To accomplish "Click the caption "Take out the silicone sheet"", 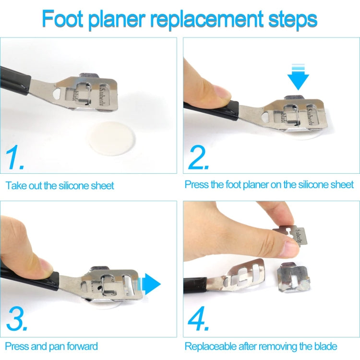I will [60, 185].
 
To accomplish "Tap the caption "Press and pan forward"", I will [52, 346].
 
